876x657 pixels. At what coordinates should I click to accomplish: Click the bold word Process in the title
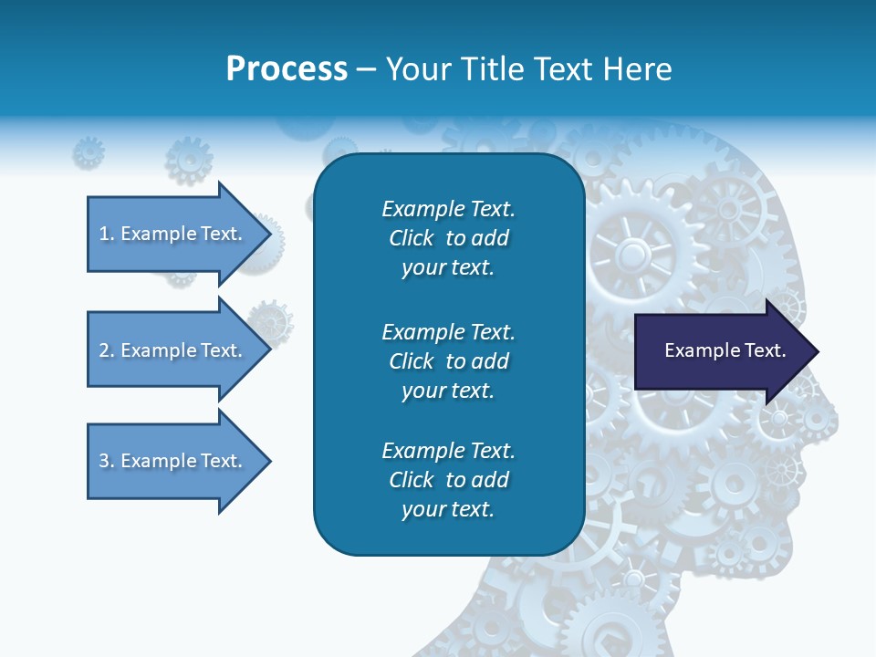(x=287, y=69)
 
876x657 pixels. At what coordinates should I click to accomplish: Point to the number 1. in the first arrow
(x=107, y=234)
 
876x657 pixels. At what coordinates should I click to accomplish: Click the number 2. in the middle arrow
(x=107, y=350)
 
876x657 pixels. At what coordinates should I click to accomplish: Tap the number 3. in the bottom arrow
(x=107, y=461)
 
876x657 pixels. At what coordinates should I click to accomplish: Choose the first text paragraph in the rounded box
(x=448, y=238)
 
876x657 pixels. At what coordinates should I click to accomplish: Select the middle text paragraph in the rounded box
(x=448, y=360)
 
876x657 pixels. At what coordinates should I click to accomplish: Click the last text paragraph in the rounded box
(x=448, y=480)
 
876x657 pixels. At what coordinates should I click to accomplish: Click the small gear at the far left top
(x=89, y=152)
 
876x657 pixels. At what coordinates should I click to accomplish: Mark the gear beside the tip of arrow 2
(x=271, y=321)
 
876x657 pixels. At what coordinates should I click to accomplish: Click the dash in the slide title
(x=367, y=69)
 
